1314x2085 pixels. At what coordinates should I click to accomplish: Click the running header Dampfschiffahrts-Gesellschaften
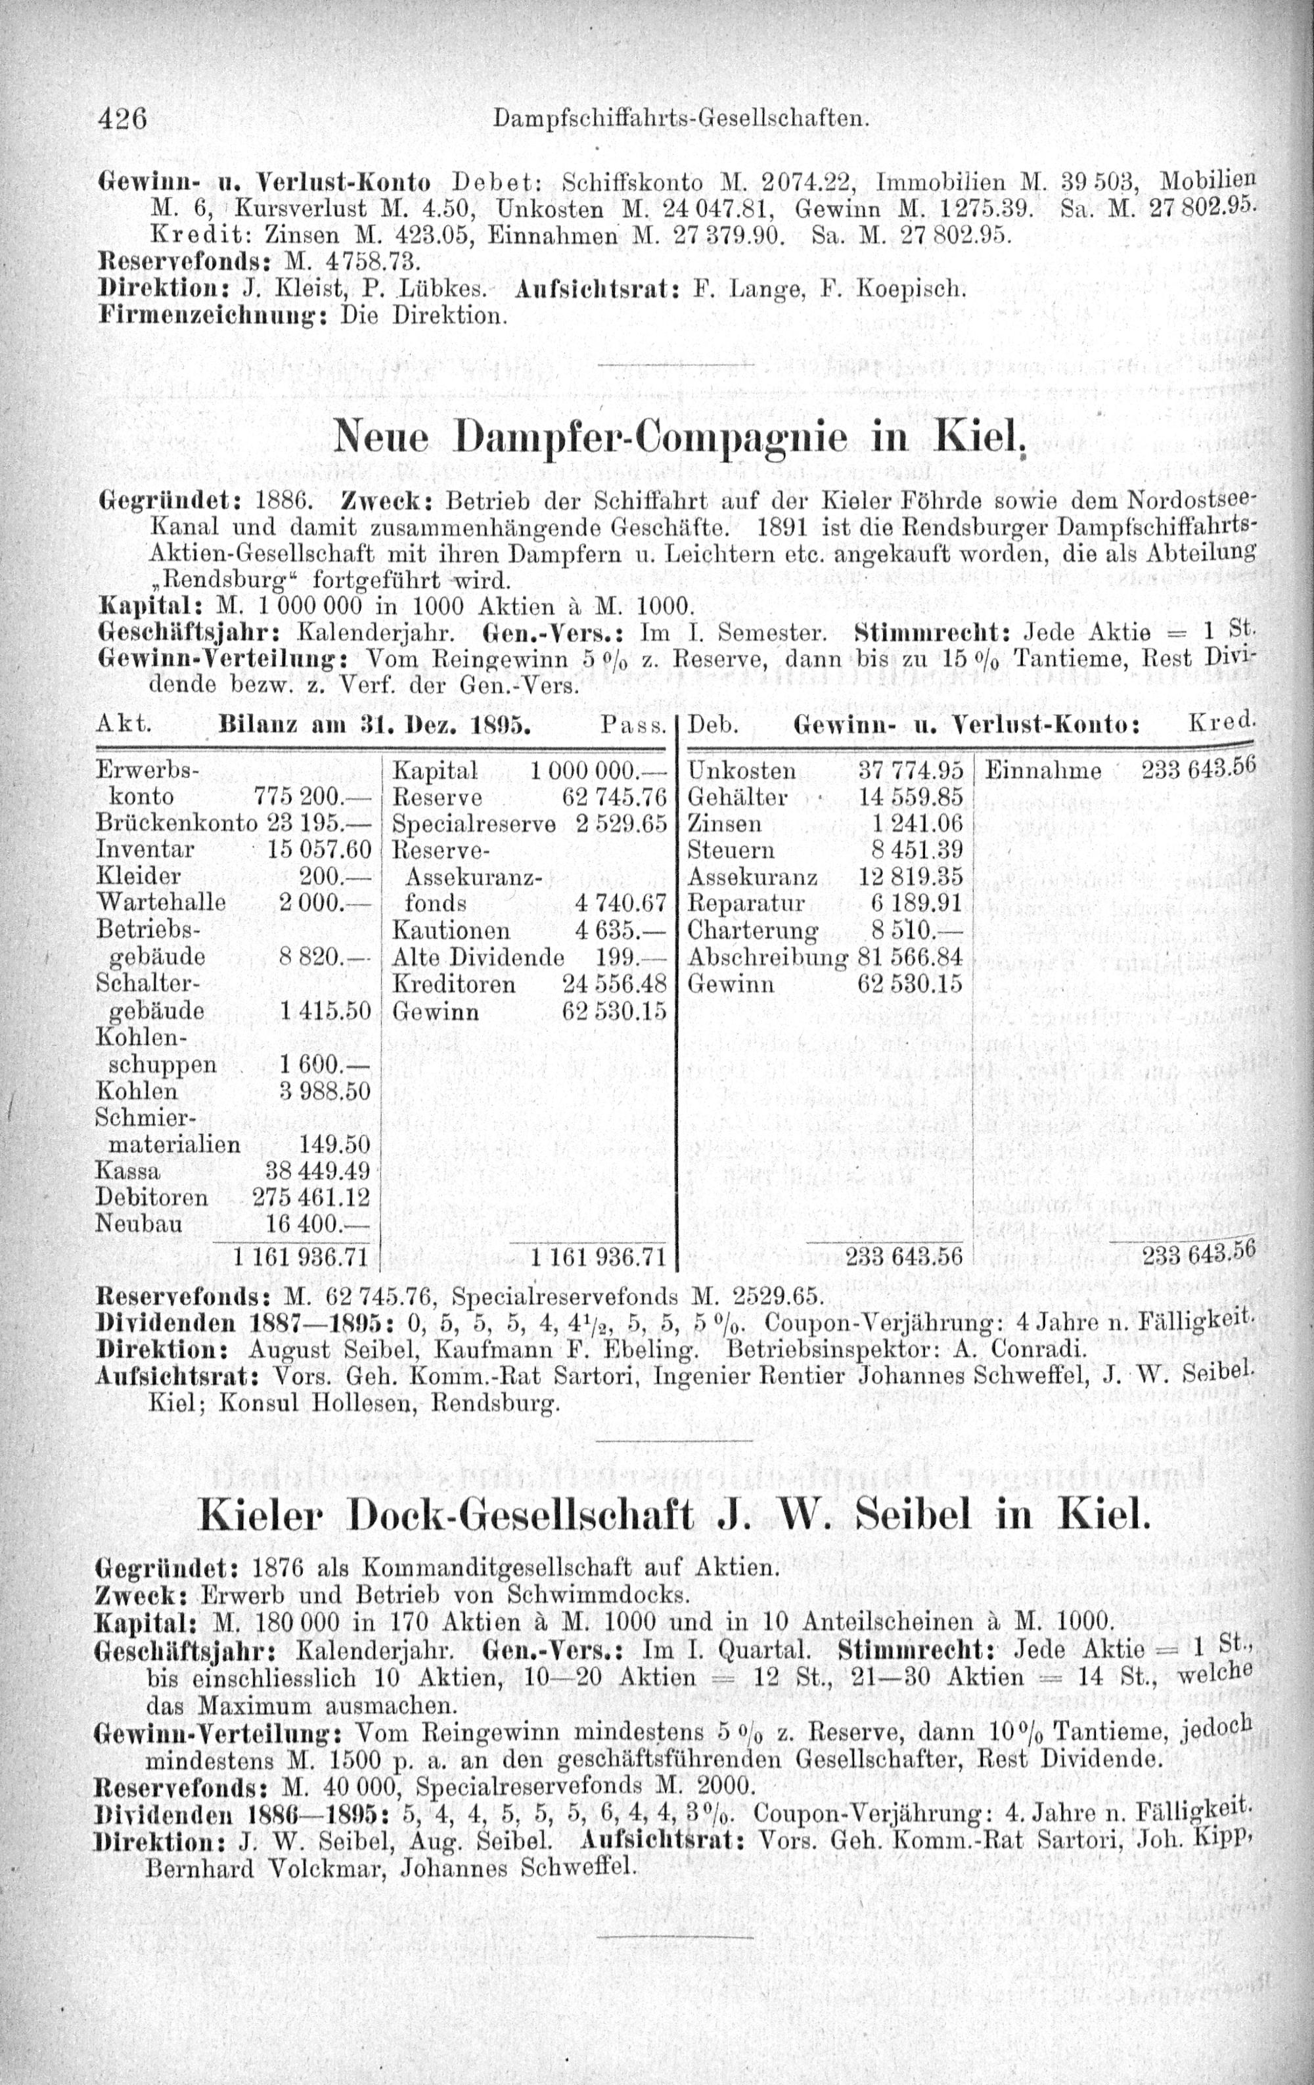[680, 119]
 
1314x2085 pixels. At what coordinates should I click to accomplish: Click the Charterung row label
[751, 931]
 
